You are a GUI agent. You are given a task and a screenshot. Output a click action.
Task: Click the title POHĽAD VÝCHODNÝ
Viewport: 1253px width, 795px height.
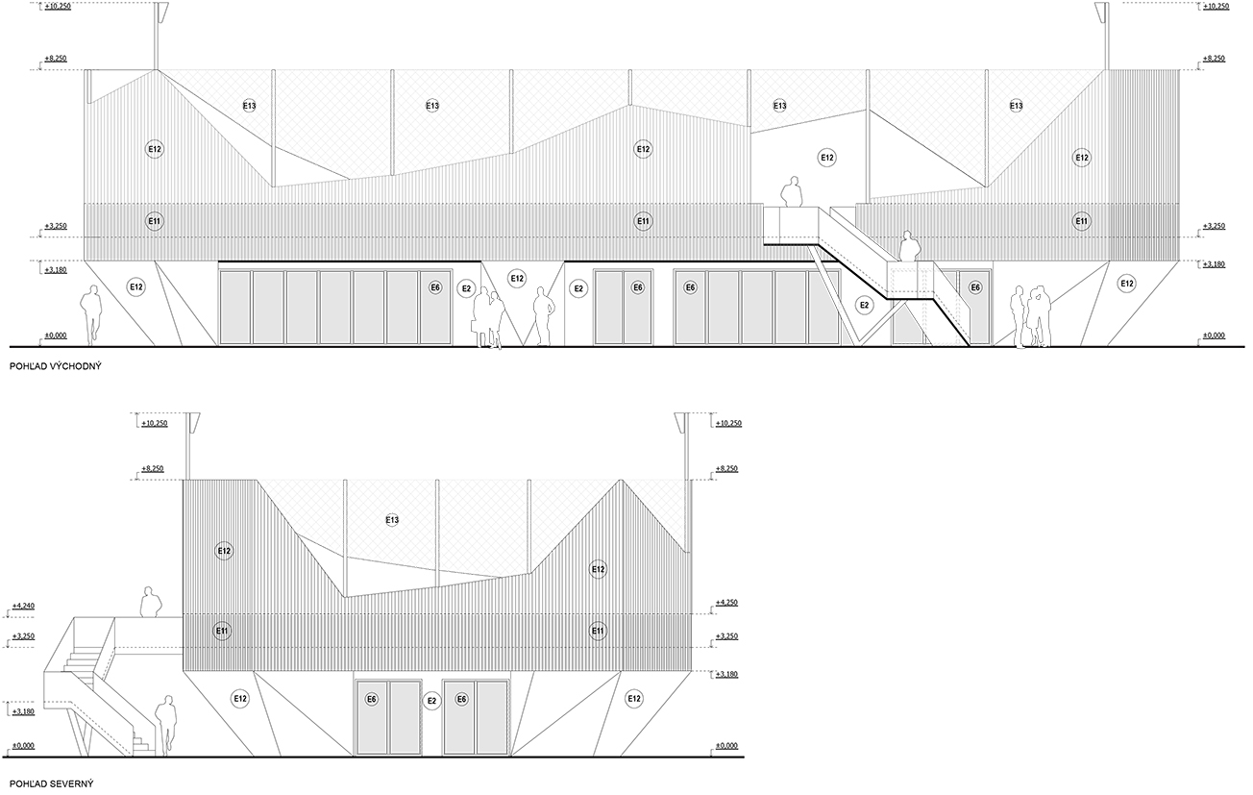click(x=56, y=367)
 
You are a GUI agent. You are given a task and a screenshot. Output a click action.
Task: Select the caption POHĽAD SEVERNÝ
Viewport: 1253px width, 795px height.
click(x=52, y=783)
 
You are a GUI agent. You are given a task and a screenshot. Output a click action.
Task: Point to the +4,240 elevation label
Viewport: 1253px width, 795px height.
click(x=23, y=606)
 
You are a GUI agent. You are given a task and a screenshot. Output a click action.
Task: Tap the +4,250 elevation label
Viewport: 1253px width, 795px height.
click(x=726, y=603)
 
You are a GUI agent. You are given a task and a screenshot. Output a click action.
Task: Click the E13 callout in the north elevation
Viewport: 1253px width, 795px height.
click(x=392, y=520)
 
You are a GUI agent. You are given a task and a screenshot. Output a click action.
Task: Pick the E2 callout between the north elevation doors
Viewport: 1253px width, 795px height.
click(x=431, y=701)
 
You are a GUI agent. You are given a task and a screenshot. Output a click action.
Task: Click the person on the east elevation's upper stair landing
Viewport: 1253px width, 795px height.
click(x=792, y=192)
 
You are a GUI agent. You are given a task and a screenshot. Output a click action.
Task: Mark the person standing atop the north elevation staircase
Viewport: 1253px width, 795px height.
click(x=151, y=602)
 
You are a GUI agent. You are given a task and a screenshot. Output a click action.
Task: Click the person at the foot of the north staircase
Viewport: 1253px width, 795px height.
click(x=165, y=726)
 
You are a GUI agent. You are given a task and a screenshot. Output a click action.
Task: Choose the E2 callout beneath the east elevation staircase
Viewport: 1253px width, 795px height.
click(x=864, y=305)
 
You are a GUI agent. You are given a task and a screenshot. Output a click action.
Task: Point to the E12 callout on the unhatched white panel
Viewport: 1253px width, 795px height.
click(x=826, y=158)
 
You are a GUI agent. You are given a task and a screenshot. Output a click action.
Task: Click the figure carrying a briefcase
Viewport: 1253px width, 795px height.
click(x=481, y=318)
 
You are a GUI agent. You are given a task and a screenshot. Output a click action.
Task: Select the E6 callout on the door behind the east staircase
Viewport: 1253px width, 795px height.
click(x=975, y=287)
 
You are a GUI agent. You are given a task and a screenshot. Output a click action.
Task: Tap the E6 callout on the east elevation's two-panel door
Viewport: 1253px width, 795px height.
click(x=637, y=287)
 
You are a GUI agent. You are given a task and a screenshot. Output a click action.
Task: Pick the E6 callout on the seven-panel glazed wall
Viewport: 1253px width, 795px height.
click(x=435, y=287)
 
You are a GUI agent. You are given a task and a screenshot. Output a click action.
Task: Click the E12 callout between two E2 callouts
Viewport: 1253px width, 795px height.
click(x=517, y=278)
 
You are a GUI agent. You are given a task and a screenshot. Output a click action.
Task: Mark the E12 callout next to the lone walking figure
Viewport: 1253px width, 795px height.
click(x=136, y=287)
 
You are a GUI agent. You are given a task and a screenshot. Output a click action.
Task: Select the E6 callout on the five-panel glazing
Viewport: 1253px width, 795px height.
click(x=691, y=287)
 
